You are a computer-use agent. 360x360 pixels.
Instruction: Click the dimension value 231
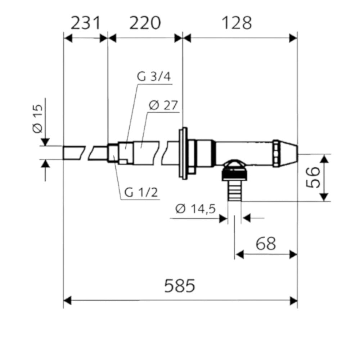[x=85, y=23]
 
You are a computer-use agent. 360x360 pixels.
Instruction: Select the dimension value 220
[x=145, y=23]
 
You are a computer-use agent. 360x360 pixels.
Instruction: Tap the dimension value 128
[x=237, y=23]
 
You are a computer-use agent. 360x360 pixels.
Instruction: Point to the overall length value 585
[x=180, y=285]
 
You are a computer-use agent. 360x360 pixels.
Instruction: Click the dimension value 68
[x=266, y=244]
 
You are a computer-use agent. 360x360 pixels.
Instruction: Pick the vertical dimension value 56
[x=313, y=177]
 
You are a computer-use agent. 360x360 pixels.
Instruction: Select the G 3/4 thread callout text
[x=154, y=77]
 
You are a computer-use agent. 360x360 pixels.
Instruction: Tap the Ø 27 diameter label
[x=163, y=105]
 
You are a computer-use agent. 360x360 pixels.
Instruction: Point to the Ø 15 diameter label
[x=38, y=119]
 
